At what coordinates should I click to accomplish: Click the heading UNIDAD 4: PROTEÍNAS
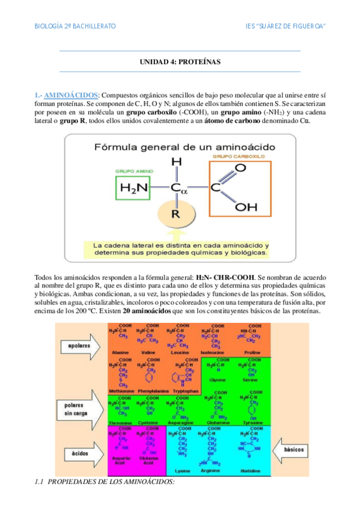180,62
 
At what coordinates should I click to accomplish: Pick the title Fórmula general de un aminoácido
180,146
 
